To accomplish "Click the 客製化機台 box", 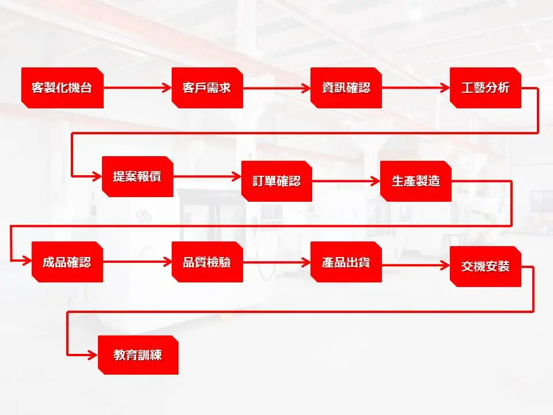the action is [62, 88].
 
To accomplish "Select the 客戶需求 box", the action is [207, 88].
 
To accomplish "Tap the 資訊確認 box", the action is [346, 88].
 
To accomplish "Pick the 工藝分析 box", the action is [485, 88].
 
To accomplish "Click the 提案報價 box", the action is [137, 176].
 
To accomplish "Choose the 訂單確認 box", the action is [276, 181].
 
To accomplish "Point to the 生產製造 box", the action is [415, 181].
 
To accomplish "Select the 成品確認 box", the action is [67, 262].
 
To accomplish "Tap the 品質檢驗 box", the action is [207, 262].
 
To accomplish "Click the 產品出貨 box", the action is [346, 262].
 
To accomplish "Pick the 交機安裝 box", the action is [485, 266].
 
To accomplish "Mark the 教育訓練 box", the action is [137, 354].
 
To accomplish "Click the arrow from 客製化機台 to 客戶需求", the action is [138, 88].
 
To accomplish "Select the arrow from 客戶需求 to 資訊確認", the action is [276, 88].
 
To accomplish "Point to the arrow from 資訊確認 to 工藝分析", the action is [415, 88].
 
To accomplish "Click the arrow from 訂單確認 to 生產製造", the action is [346, 181].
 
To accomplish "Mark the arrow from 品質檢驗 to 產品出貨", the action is [276, 262].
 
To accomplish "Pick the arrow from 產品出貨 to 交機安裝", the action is [415, 265].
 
